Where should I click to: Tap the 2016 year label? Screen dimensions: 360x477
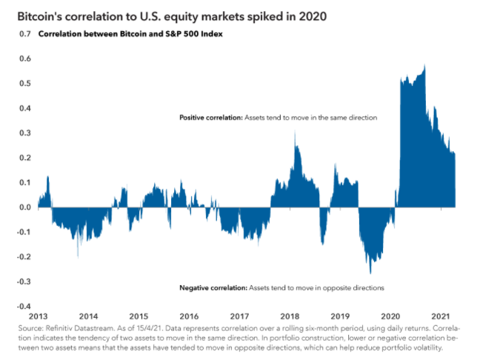pyautogui.click(x=189, y=314)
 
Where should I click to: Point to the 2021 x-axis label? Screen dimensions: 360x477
pyautogui.click(x=442, y=314)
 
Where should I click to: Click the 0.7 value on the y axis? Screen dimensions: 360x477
pyautogui.click(x=26, y=34)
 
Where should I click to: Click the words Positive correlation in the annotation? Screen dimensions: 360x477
pyautogui.click(x=210, y=118)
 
